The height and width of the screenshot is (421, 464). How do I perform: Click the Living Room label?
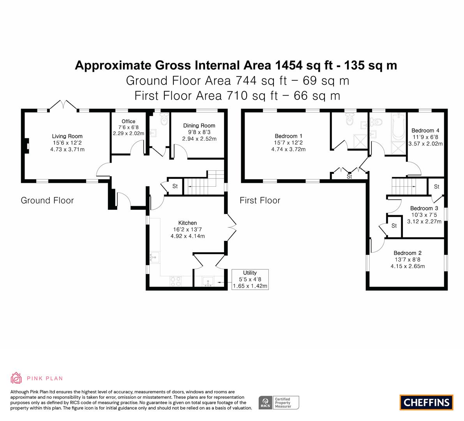coord(67,136)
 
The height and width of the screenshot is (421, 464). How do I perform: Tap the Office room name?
coord(129,121)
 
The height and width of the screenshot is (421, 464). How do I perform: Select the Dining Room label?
coord(199,126)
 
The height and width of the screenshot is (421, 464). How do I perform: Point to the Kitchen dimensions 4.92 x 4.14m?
coord(188,236)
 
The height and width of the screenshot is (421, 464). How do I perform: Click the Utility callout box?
coord(250,279)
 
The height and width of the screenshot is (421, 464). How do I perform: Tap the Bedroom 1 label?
coord(289,136)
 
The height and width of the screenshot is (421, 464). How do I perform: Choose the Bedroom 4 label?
coord(425,131)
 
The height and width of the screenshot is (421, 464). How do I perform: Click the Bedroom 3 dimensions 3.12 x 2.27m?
coord(424,221)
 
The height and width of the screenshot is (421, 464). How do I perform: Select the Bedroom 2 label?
coord(408,253)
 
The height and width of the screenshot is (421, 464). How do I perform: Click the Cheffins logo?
coord(427,402)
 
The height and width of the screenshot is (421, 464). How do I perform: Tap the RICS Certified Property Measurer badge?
coord(279,403)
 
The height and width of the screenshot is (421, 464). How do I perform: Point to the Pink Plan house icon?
coord(16,378)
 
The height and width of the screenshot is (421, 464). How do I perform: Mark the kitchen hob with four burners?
coord(176,281)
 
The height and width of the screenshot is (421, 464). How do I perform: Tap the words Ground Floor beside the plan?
coord(47,200)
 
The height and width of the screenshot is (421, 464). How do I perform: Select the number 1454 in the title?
coord(289,65)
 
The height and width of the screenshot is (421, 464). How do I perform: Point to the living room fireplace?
coord(26,146)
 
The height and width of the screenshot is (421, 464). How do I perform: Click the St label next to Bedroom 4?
coord(436,186)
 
